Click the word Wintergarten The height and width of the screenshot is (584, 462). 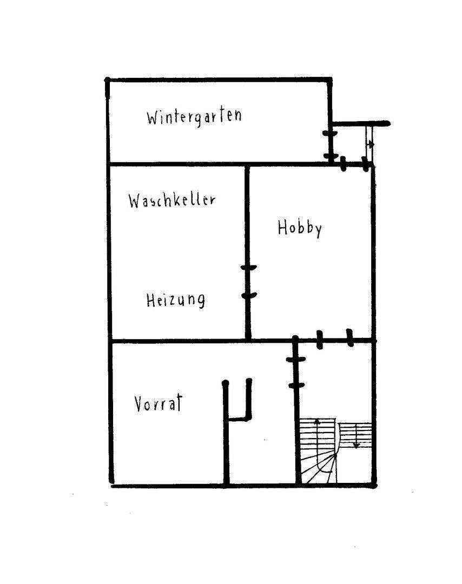[194, 116]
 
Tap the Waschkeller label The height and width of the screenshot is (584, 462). [172, 200]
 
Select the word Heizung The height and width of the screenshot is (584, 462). [175, 300]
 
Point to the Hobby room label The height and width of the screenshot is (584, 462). [300, 228]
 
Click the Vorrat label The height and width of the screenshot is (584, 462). [159, 403]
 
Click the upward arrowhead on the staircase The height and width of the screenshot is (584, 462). [317, 421]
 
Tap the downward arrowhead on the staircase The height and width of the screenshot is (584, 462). [356, 445]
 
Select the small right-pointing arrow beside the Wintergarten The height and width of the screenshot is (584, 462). [372, 144]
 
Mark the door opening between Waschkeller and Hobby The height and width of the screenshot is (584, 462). [248, 282]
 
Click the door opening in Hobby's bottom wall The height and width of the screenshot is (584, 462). [334, 339]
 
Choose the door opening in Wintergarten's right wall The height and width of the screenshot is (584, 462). [329, 144]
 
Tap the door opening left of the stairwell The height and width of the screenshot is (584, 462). [295, 372]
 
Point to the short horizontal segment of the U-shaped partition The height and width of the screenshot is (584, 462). [238, 418]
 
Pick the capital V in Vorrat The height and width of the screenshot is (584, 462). [139, 404]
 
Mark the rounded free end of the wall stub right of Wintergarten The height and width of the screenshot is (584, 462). [387, 124]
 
